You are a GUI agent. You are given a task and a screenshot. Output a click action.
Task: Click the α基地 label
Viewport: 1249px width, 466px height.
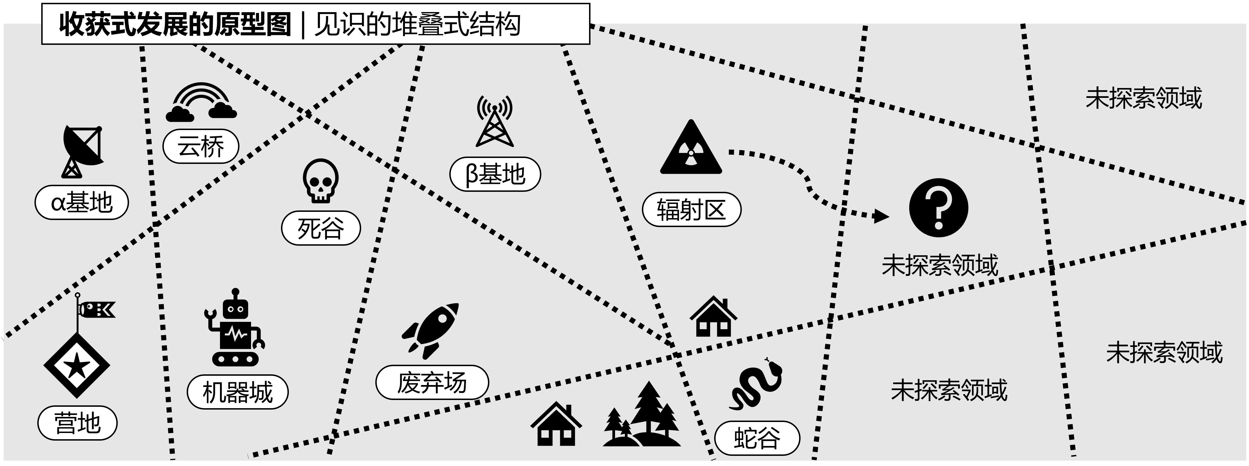(81, 203)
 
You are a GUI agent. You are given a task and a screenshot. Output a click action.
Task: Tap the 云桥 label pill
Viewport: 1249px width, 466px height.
(201, 146)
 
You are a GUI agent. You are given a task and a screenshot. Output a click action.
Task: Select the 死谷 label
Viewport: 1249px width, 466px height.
(321, 228)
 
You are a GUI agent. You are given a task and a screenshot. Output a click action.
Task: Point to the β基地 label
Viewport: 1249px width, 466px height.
(494, 174)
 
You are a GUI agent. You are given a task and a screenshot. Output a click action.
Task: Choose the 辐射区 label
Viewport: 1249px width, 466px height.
(691, 210)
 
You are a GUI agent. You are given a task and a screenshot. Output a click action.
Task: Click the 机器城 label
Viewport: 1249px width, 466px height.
(237, 392)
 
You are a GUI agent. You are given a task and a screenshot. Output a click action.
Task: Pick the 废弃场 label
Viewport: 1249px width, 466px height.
(431, 382)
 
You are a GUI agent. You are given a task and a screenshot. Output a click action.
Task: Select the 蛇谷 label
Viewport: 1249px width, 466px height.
(757, 438)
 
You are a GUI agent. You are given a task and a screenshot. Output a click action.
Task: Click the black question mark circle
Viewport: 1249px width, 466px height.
(938, 208)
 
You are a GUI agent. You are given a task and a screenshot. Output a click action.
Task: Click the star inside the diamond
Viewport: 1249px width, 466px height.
(77, 366)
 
